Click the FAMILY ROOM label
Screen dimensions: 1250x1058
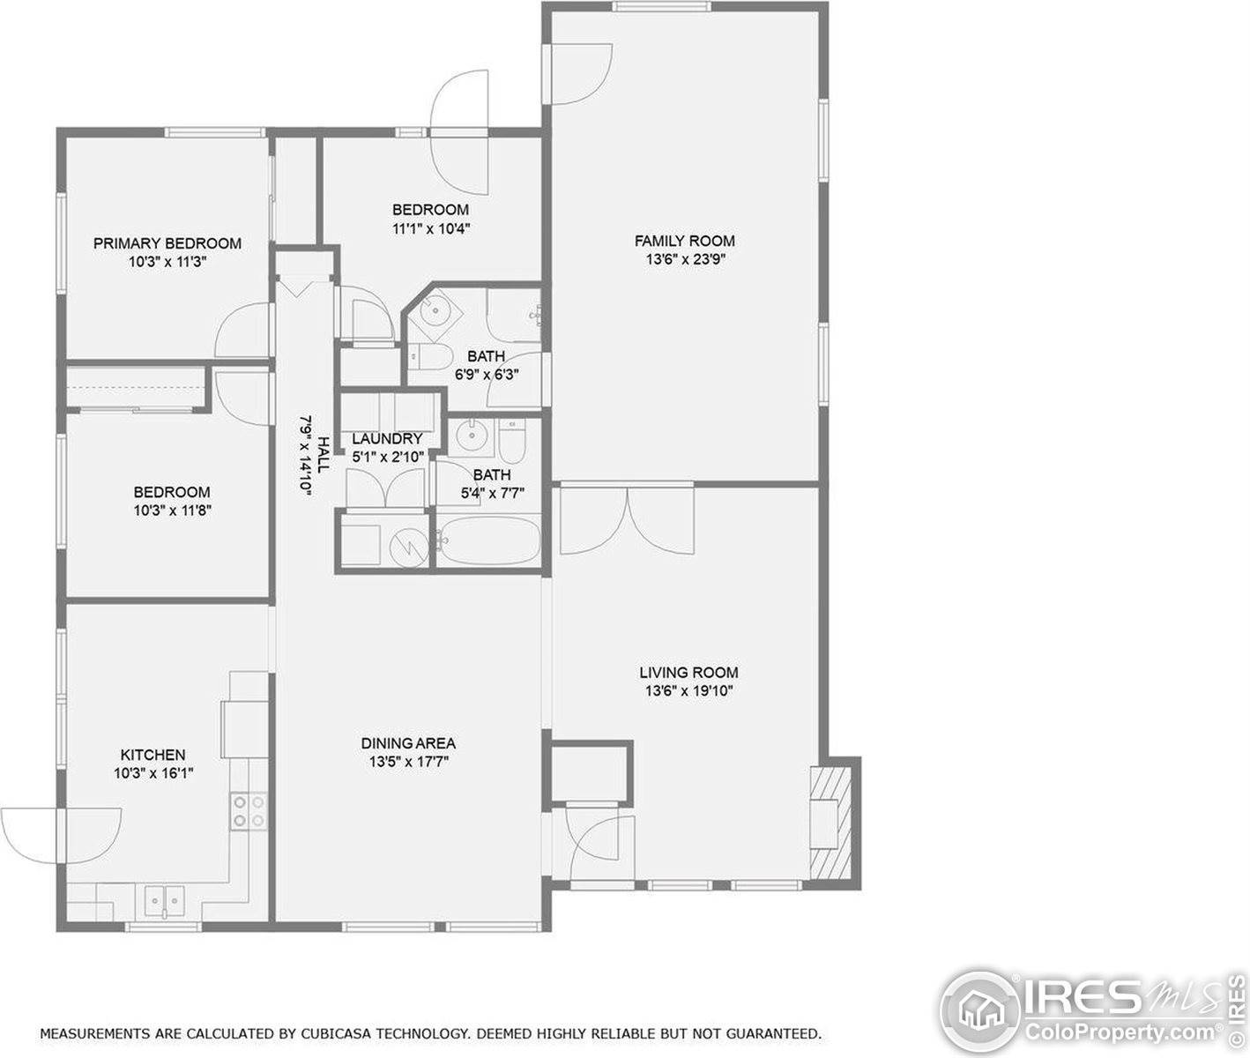(x=685, y=241)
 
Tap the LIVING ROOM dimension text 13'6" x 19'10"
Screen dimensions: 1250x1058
(x=688, y=691)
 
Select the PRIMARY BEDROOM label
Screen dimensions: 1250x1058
(x=167, y=243)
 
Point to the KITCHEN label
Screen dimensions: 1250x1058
(x=153, y=755)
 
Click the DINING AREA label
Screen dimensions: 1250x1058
(x=408, y=743)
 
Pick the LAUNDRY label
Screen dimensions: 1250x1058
(x=387, y=438)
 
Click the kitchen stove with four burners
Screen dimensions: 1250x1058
(x=249, y=811)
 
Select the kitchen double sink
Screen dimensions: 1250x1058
(x=165, y=902)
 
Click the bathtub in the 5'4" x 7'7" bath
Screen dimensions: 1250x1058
(x=488, y=540)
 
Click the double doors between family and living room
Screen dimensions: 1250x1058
(x=627, y=519)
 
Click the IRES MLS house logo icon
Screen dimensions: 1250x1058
(x=979, y=1013)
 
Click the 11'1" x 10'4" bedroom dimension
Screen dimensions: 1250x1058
(x=431, y=228)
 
